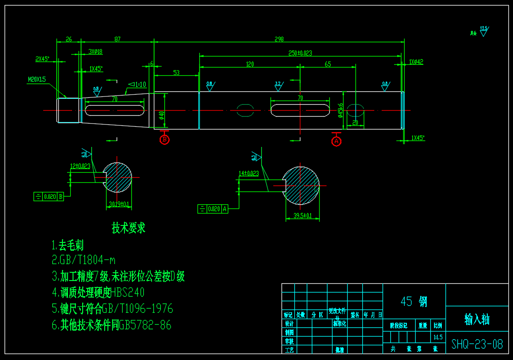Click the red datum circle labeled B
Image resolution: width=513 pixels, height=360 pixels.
pyautogui.click(x=164, y=139)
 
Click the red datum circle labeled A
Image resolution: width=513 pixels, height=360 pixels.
pyautogui.click(x=337, y=141)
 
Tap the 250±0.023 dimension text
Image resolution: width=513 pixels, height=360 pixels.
pyautogui.click(x=300, y=53)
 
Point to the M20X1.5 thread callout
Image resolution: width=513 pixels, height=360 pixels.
pyautogui.click(x=37, y=79)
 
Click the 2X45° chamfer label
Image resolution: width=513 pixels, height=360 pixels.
pyautogui.click(x=42, y=59)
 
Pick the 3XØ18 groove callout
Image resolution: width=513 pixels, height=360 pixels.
pyautogui.click(x=96, y=52)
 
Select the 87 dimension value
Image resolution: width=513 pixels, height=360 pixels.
pyautogui.click(x=117, y=39)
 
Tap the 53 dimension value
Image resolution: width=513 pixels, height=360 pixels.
pyautogui.click(x=176, y=73)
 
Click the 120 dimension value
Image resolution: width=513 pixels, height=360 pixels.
pyautogui.click(x=250, y=64)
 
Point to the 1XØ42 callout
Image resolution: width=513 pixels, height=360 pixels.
pyautogui.click(x=416, y=62)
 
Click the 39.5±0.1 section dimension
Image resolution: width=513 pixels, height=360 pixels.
pyautogui.click(x=303, y=215)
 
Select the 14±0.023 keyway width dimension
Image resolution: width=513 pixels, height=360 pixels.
pyautogui.click(x=248, y=174)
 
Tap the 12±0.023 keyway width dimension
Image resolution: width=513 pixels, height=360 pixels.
pyautogui.click(x=80, y=166)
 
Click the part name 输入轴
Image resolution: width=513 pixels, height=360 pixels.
pyautogui.click(x=477, y=319)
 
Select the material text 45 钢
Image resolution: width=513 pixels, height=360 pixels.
pyautogui.click(x=414, y=302)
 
